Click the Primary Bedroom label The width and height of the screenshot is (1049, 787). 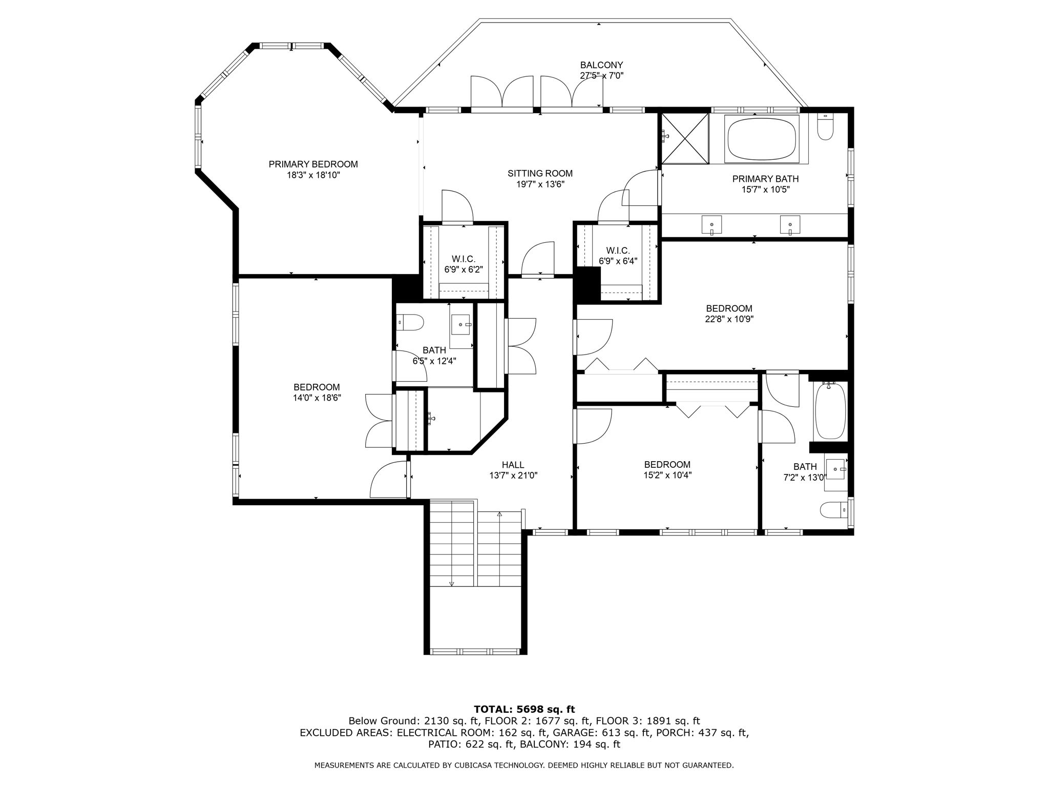tap(313, 164)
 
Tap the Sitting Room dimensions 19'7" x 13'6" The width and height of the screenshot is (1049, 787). tap(540, 184)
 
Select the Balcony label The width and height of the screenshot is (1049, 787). tap(601, 65)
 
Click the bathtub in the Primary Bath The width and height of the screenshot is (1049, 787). tap(762, 139)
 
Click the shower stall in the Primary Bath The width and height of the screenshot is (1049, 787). tap(685, 138)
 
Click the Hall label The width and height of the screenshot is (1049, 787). tap(513, 465)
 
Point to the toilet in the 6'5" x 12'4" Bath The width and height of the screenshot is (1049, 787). tap(411, 323)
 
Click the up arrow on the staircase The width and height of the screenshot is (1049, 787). tap(499, 513)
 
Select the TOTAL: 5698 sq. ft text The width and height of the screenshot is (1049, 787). tap(524, 709)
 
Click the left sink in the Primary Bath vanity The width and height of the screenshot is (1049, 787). tap(711, 224)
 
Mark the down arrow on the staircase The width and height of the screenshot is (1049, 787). tap(452, 583)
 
